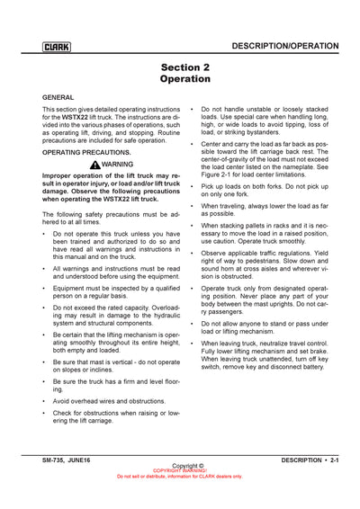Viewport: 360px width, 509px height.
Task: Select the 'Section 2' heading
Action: tap(184, 67)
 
